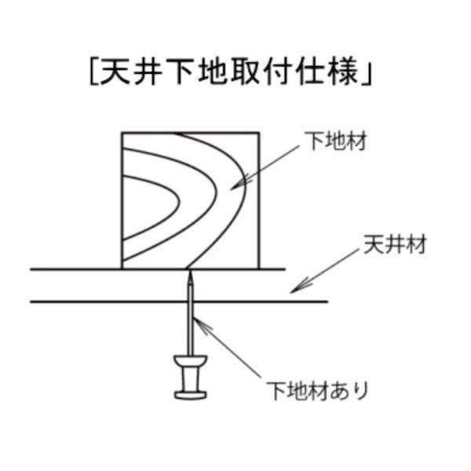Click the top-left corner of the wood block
(122, 133)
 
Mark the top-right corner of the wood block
(259, 133)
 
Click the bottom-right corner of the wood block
(259, 268)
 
